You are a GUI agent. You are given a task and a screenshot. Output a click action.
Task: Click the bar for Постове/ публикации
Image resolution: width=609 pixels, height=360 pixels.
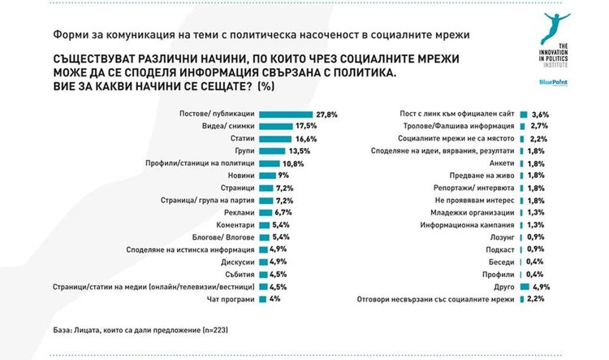[286, 115]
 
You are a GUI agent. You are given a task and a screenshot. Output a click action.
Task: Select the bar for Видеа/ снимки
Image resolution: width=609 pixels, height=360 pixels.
[276, 126]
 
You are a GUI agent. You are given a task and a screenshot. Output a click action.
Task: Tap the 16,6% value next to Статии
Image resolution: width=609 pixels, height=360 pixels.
[305, 139]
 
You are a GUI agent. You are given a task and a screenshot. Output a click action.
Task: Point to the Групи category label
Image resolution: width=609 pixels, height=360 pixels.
[244, 151]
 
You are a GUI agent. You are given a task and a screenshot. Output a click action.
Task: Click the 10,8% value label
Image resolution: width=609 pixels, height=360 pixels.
[293, 163]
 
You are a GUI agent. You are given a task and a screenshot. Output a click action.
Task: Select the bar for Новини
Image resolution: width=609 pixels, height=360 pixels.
[268, 176]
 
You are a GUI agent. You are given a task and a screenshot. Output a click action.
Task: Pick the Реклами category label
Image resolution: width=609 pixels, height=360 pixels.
[240, 213]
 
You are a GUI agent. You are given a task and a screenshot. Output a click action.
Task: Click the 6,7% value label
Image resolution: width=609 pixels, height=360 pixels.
[283, 213]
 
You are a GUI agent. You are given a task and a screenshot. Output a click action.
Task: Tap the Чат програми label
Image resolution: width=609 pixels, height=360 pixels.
[231, 299]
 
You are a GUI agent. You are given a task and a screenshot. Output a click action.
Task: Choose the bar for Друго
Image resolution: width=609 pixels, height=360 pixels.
[525, 287]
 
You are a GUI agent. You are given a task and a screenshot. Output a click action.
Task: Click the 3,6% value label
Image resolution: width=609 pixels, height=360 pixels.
[540, 115]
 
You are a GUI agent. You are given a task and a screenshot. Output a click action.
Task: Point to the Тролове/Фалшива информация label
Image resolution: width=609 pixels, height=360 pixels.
[458, 126]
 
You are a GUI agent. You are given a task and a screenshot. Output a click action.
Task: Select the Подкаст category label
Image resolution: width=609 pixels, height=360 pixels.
[500, 249]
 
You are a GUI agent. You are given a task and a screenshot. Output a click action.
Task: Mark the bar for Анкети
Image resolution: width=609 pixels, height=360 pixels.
[522, 163]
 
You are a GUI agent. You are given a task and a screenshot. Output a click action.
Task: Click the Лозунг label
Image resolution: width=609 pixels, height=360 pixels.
[502, 237]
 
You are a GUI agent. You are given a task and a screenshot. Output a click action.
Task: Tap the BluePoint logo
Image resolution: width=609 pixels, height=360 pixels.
[554, 82]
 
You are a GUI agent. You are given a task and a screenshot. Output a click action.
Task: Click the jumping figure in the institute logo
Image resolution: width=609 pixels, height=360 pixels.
[555, 27]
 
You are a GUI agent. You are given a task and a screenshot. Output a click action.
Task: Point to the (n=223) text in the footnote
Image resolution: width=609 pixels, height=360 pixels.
[215, 331]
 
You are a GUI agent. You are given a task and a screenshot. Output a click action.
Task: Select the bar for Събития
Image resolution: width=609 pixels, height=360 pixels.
[263, 275]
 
